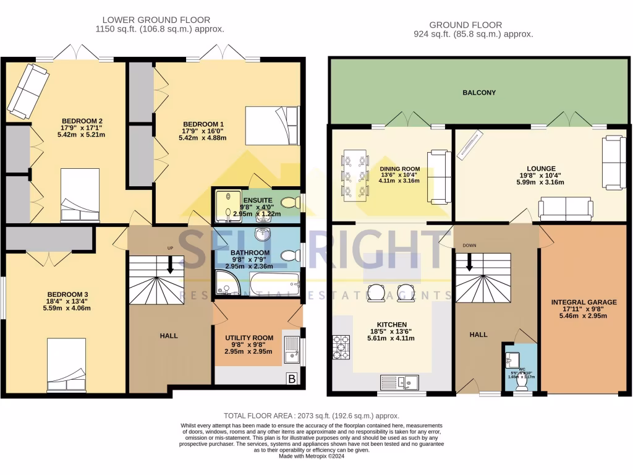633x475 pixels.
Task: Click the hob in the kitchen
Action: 341,346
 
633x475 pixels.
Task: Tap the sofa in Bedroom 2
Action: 27,91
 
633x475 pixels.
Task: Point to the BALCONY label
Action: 479,93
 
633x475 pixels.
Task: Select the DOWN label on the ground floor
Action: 469,245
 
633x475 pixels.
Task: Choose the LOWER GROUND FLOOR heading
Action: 156,20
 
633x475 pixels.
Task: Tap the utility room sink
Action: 291,349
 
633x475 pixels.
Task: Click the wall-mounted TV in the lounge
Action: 471,145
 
